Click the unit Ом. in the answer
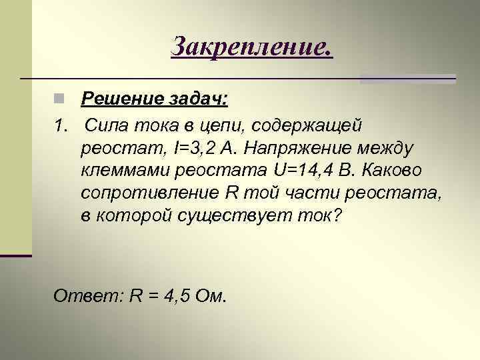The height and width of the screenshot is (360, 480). [211, 295]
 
